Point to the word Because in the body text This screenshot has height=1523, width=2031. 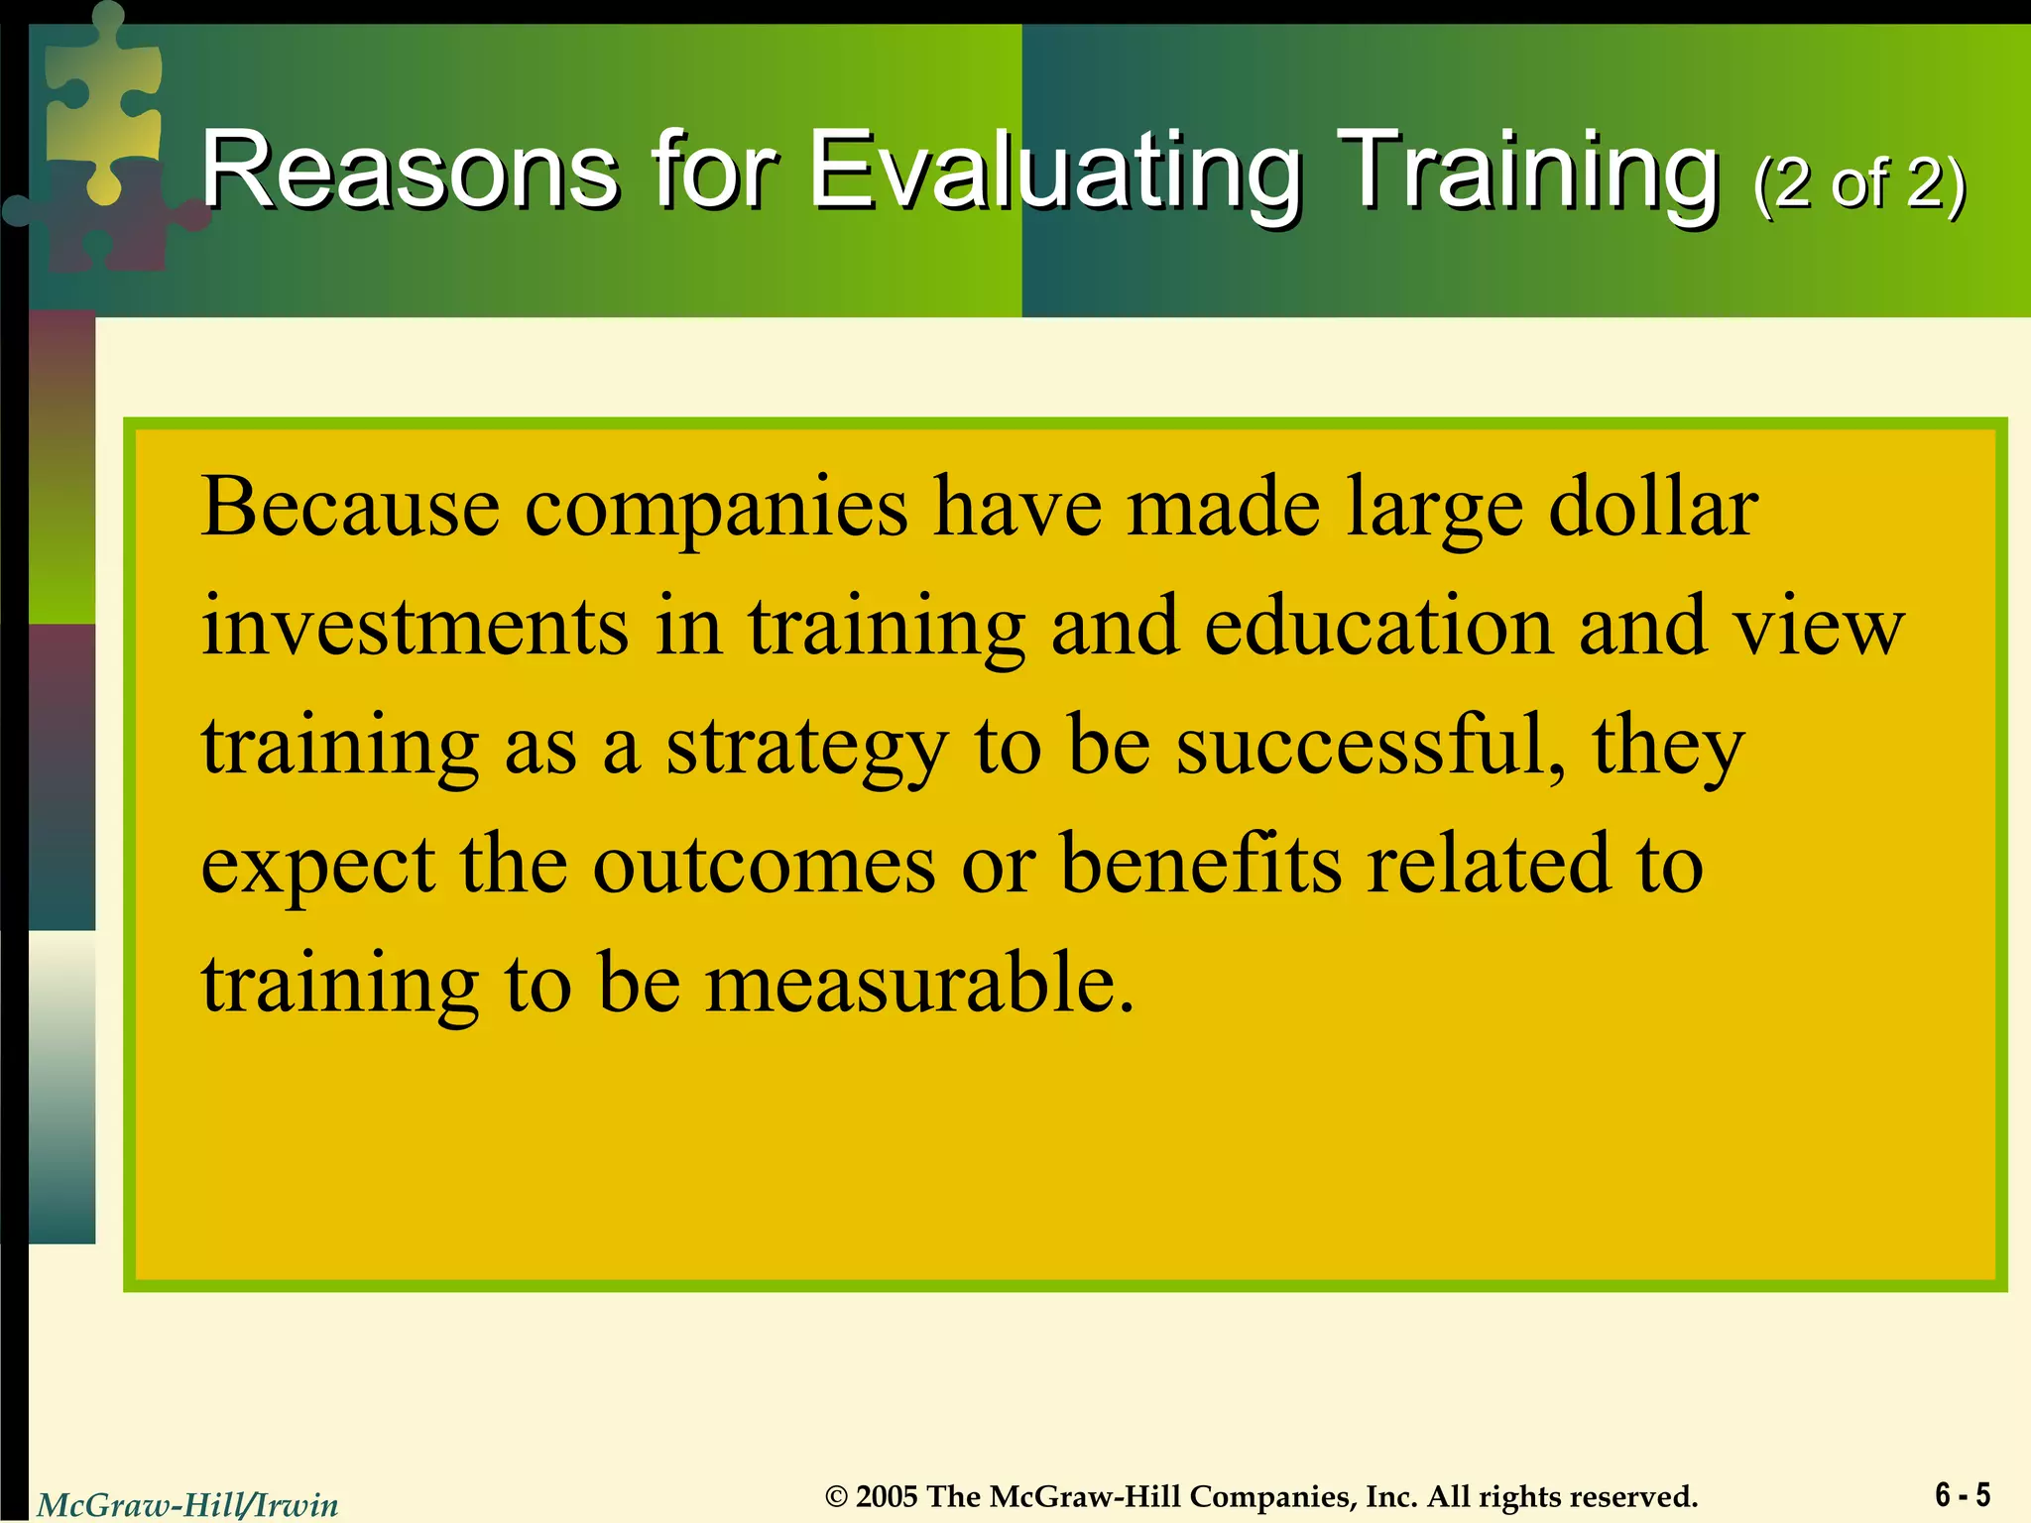coord(350,508)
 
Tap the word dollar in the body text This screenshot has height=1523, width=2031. coord(1653,508)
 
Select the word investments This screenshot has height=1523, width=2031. coord(415,627)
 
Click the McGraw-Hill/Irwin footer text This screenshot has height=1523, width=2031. coord(187,1505)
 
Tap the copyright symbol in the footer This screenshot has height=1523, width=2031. coord(837,1496)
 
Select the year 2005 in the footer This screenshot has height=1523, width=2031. coord(887,1496)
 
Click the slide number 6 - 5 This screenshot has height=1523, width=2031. coord(1962,1494)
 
